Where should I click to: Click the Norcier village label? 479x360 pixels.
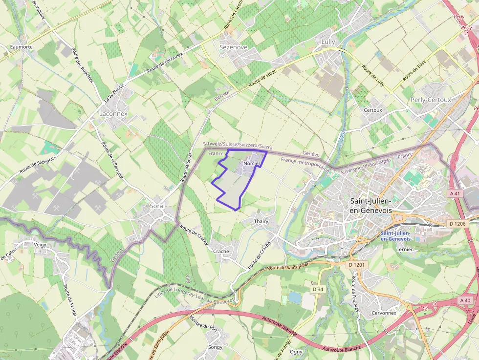252,163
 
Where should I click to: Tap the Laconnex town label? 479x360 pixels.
113,113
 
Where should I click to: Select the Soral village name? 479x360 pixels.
158,206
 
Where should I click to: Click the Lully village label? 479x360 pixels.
328,42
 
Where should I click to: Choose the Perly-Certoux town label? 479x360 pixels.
431,99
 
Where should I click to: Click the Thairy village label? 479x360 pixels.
261,221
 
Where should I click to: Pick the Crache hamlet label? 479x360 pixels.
221,251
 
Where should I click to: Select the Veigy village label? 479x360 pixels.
40,244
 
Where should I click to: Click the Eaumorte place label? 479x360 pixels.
21,47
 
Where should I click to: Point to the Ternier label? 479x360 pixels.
405,249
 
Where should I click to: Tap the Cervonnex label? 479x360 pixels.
384,313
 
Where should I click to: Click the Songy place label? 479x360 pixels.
215,347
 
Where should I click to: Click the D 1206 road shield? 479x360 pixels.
457,224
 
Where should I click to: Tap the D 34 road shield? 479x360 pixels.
318,289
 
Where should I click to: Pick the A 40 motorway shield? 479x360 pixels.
465,300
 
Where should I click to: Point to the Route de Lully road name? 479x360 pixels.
372,76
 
